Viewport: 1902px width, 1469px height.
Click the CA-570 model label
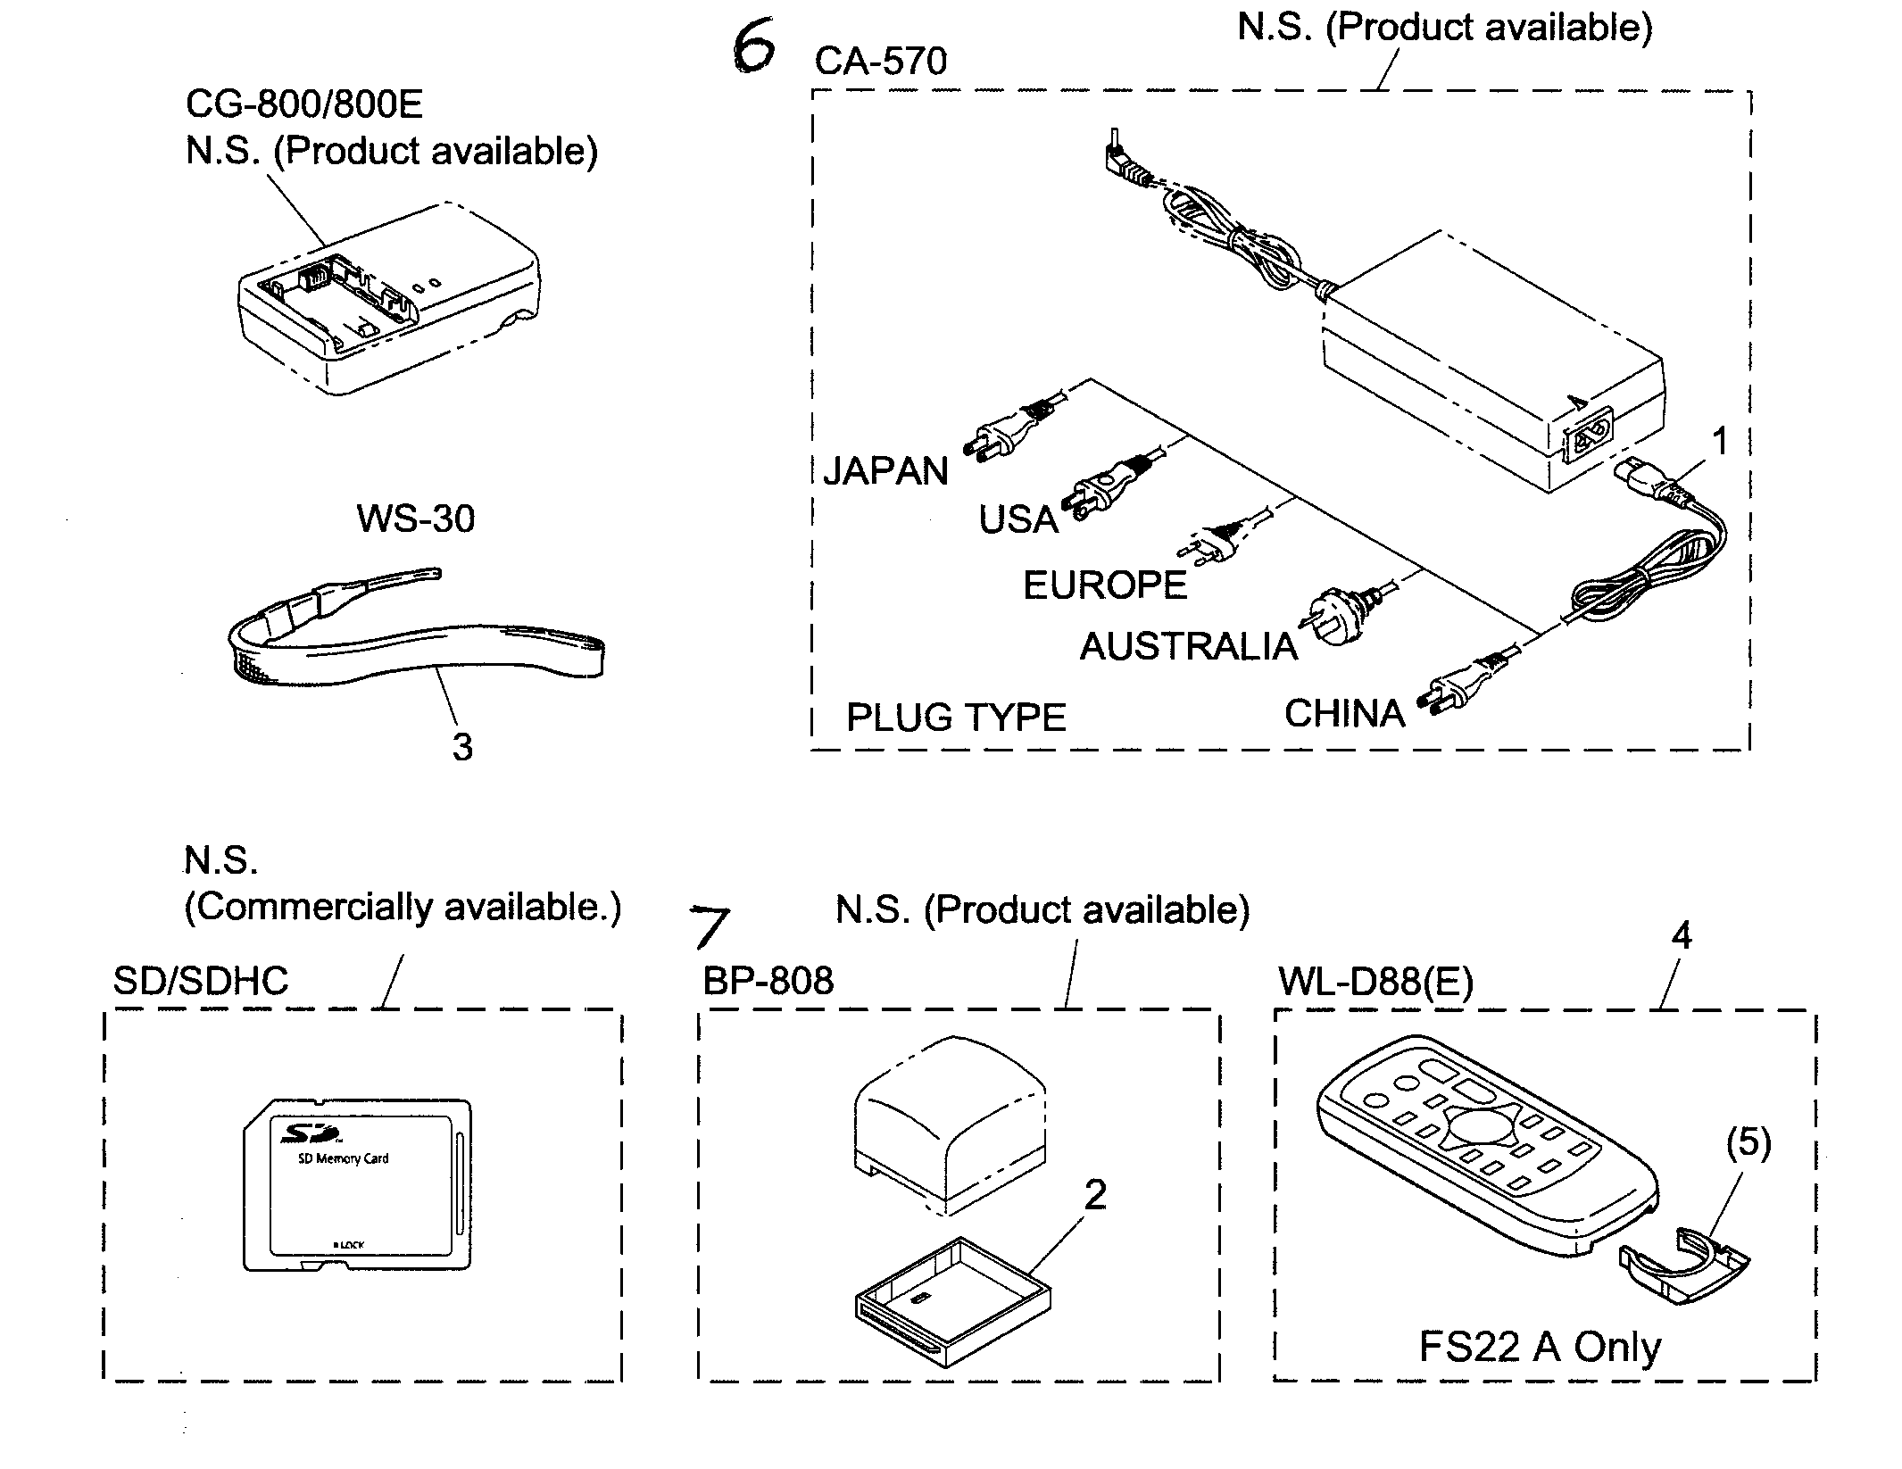tap(880, 62)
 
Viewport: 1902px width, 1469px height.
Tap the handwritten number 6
tap(752, 49)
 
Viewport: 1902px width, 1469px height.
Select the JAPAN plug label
tap(885, 470)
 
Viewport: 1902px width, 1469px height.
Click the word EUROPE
tap(1105, 585)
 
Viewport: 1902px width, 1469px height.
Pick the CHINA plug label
tap(1344, 713)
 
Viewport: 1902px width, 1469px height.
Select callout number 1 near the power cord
tap(1719, 442)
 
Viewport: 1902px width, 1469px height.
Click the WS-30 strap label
tap(415, 519)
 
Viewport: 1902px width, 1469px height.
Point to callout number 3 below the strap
tap(462, 747)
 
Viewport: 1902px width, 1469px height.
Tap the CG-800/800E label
tap(304, 104)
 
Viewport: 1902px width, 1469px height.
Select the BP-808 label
tap(768, 981)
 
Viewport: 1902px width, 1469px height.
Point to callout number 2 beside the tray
tap(1095, 1195)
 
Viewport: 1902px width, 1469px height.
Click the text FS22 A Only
tap(1540, 1347)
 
